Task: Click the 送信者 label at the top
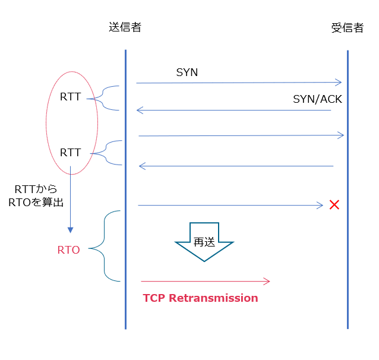(125, 27)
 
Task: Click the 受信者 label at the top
(347, 28)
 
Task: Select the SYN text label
(187, 72)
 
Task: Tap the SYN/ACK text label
(317, 99)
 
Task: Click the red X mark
(334, 205)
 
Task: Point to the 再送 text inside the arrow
(204, 242)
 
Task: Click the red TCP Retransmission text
(200, 298)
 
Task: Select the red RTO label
(68, 250)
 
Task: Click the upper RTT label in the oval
(70, 97)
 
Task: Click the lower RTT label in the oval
(70, 153)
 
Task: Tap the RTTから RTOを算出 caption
(36, 195)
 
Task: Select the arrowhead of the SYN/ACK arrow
(139, 110)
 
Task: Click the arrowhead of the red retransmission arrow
(267, 281)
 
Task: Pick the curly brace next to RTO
(106, 245)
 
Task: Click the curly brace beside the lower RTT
(107, 153)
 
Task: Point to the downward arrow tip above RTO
(70, 230)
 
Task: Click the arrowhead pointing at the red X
(320, 206)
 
